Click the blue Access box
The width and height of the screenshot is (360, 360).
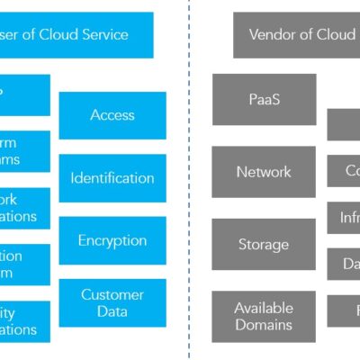(112, 115)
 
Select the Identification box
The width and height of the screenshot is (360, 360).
(112, 177)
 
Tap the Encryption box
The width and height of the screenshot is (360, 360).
(112, 240)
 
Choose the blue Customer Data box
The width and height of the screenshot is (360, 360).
(112, 302)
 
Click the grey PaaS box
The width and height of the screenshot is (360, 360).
(264, 99)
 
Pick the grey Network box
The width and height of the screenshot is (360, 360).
(264, 171)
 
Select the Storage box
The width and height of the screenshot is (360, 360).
(264, 244)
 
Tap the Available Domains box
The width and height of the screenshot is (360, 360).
(264, 316)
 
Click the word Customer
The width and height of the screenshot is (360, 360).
(112, 294)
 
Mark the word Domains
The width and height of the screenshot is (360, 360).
(264, 324)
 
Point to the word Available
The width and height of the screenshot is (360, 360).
(264, 308)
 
